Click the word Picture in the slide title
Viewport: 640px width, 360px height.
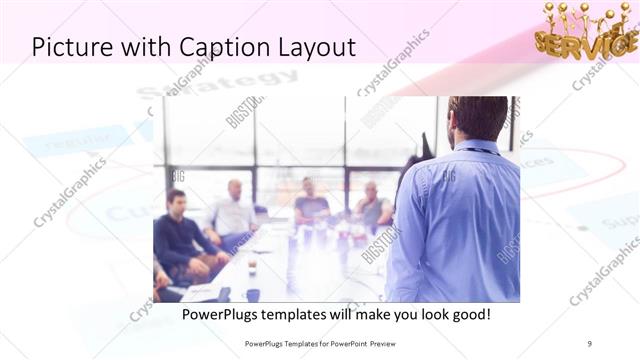coord(71,47)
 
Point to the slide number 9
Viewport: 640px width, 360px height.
coord(589,342)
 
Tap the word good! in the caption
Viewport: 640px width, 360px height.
coord(467,314)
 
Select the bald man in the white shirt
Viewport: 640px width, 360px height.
coord(233,212)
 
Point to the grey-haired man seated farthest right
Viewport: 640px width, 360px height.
coord(372,204)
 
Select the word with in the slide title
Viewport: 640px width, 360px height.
coord(137,47)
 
